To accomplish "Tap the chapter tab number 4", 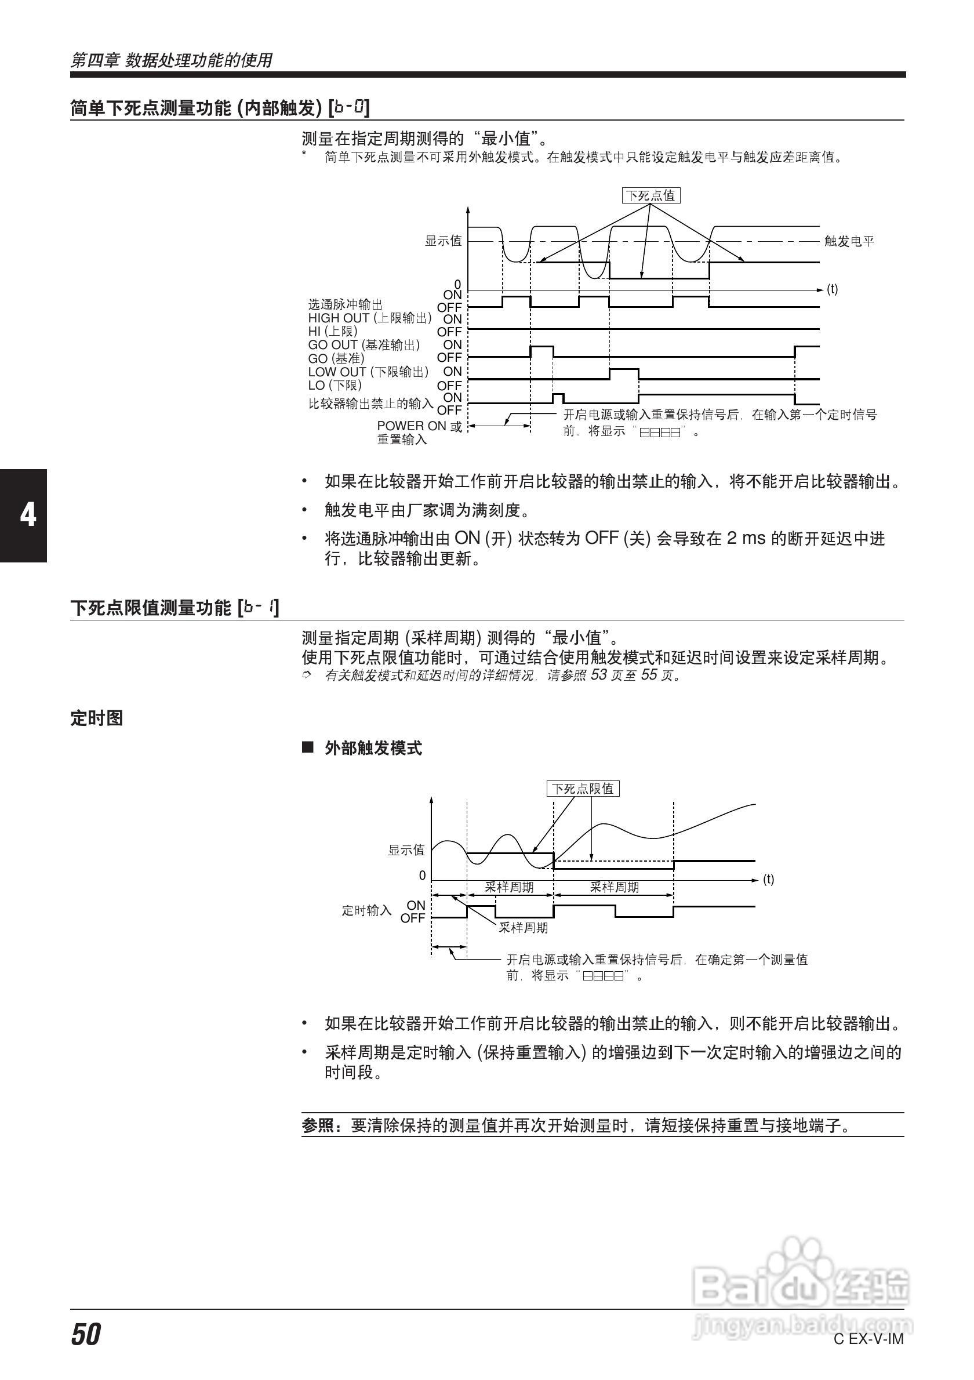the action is [x=28, y=515].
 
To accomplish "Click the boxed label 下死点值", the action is [x=650, y=195].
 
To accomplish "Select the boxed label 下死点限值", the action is [x=582, y=789].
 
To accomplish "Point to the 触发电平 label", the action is [x=849, y=241].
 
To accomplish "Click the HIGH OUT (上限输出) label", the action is [x=369, y=318].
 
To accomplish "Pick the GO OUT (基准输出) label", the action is [x=364, y=345].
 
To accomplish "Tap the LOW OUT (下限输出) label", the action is [x=368, y=372].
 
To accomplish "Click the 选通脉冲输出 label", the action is [x=346, y=305].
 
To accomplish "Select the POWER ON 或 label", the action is [x=419, y=426].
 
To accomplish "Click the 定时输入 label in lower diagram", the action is [x=366, y=910].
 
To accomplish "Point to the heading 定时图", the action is [x=97, y=718].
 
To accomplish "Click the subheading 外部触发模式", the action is [x=373, y=749].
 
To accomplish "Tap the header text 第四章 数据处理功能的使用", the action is [x=171, y=60].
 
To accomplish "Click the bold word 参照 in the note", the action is [x=318, y=1125].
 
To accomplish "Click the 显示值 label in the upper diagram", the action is [x=444, y=241].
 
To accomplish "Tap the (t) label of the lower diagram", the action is [x=769, y=880].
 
